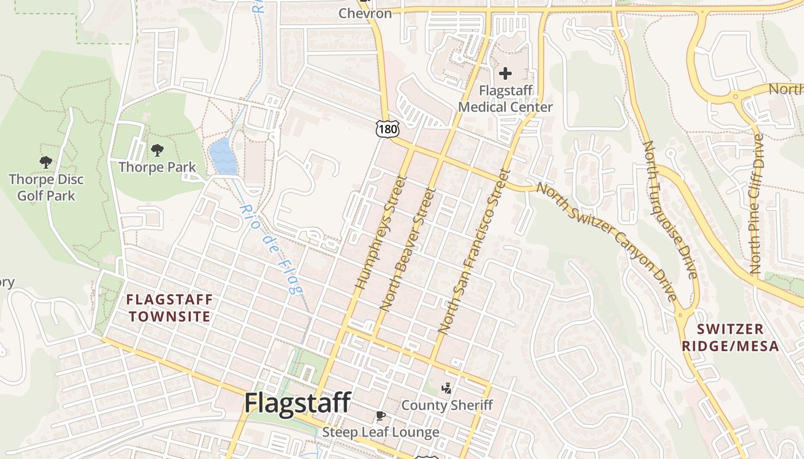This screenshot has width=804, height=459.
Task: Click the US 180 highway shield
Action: coord(388,129)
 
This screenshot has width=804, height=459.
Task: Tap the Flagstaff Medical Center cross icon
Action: coord(505,73)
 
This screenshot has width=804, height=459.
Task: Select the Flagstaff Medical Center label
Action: coord(505,99)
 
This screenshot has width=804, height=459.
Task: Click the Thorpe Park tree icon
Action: coord(157,150)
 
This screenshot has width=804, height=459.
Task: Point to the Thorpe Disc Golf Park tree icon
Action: coord(46,162)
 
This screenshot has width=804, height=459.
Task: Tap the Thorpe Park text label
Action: coord(157,168)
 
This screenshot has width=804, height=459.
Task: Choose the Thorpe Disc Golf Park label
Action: coord(46,188)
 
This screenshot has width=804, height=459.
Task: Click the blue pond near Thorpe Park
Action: coord(223,157)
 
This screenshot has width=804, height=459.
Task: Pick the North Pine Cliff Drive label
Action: coord(756,203)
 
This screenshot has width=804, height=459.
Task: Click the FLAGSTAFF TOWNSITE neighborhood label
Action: coord(169,308)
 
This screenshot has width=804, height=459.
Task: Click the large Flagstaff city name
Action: coord(297,403)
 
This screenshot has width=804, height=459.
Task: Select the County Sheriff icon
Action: coord(446,388)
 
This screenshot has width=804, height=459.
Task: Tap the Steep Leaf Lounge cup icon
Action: coord(380,415)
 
